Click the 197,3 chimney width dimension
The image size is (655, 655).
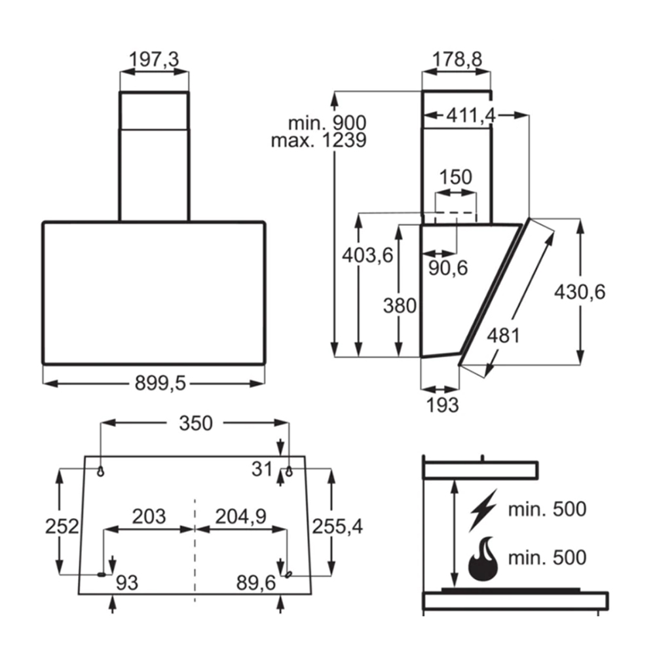point(154,60)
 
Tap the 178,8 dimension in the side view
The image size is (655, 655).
point(457,60)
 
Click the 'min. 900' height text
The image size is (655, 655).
point(327,122)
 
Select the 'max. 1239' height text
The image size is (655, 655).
point(319,140)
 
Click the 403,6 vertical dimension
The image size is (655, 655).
point(367,255)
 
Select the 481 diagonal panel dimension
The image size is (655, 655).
point(503,335)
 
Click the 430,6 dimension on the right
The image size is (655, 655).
point(580,291)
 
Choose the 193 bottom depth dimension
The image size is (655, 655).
point(442,405)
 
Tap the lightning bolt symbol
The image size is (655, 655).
point(483,508)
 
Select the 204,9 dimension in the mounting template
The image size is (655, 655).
point(240,516)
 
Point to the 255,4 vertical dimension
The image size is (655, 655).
point(337,525)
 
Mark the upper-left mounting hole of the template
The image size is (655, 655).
point(101,470)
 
